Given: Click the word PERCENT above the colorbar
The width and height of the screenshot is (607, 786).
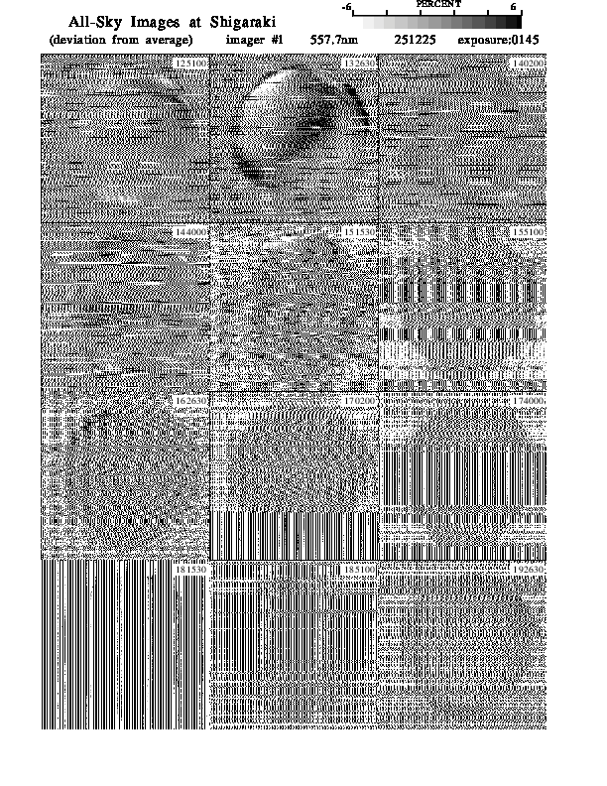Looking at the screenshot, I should point(438,5).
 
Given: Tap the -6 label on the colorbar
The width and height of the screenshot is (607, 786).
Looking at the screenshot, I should point(346,7).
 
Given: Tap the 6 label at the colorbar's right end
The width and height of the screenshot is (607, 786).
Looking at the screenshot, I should point(513,7).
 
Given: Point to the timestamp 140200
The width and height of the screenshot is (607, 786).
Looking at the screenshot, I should point(529,62).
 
